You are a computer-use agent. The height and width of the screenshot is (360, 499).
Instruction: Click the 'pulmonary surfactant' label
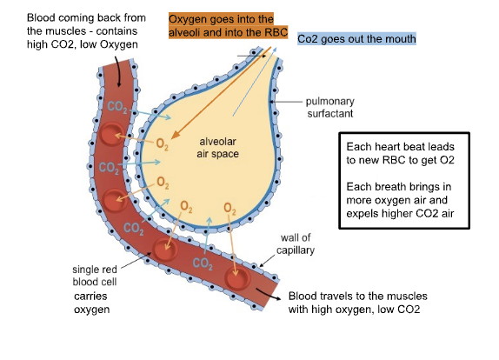pyautogui.click(x=330, y=107)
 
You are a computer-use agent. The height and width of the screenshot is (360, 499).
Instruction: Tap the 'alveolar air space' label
pyautogui.click(x=217, y=148)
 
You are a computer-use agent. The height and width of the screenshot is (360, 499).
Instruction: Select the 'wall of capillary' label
pyautogui.click(x=296, y=243)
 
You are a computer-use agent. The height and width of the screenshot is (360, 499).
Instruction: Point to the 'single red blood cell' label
pyautogui.click(x=95, y=276)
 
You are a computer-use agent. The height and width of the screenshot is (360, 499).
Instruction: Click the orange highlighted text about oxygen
pyautogui.click(x=228, y=26)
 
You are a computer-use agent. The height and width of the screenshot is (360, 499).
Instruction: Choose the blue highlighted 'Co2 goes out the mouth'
pyautogui.click(x=356, y=39)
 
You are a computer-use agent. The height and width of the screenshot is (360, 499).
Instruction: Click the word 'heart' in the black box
pyautogui.click(x=386, y=147)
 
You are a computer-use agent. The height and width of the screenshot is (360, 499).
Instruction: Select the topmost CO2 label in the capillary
pyautogui.click(x=117, y=107)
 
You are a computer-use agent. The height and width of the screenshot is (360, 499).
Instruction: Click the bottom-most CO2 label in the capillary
pyautogui.click(x=203, y=263)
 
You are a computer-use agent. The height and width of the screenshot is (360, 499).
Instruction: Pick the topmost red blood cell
pyautogui.click(x=111, y=134)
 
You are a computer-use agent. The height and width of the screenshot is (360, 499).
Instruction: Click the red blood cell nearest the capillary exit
pyautogui.click(x=237, y=278)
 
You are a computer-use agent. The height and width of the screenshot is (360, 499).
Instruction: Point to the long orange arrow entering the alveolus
pyautogui.click(x=221, y=93)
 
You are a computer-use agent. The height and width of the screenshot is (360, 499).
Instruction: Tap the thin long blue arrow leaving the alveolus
pyautogui.click(x=255, y=82)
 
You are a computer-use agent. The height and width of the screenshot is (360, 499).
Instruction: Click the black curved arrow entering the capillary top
pyautogui.click(x=118, y=72)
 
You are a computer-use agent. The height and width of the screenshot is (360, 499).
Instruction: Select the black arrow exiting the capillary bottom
pyautogui.click(x=269, y=295)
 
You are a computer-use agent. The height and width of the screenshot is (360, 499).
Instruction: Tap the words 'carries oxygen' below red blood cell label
pyautogui.click(x=91, y=303)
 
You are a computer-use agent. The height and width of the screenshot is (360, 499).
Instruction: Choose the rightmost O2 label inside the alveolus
pyautogui.click(x=230, y=209)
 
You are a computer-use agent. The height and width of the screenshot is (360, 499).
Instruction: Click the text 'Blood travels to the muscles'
pyautogui.click(x=357, y=296)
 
